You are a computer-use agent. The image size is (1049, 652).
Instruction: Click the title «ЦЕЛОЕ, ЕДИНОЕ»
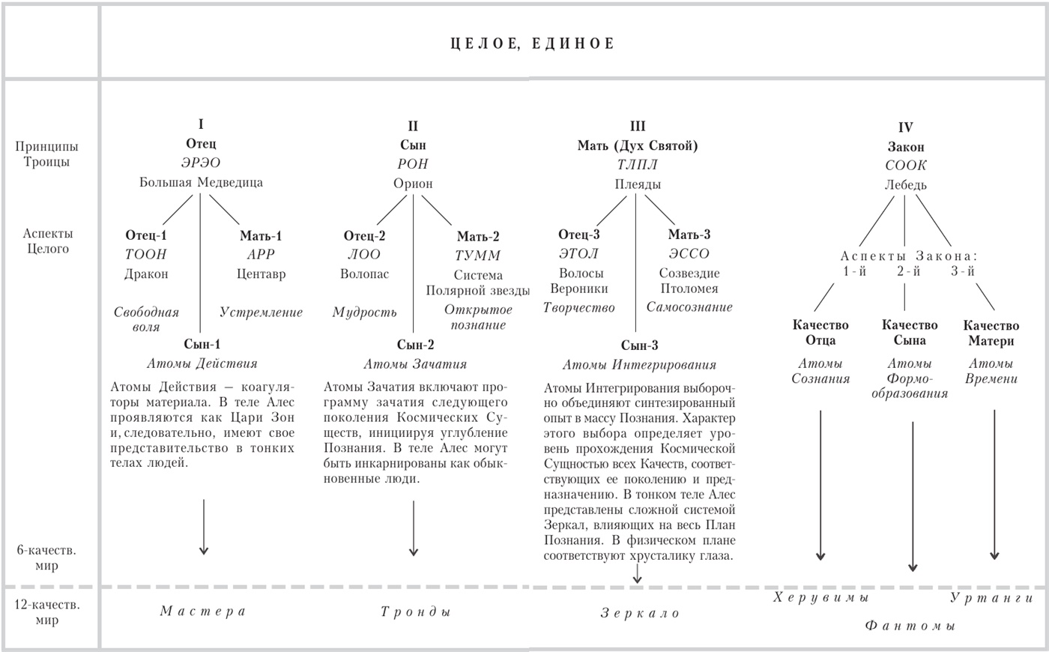point(532,43)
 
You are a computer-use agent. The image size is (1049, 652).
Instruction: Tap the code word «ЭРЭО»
point(200,163)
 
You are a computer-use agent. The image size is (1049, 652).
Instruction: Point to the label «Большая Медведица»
point(201,182)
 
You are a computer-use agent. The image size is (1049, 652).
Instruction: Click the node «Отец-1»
point(146,235)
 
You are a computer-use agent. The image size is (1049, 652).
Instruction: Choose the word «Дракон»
point(146,274)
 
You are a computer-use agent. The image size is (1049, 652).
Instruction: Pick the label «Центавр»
point(261,274)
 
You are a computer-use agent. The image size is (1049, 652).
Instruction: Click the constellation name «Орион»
point(413,184)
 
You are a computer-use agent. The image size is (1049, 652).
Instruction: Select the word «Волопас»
point(364,274)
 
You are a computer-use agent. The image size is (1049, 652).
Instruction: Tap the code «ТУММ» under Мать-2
point(478,255)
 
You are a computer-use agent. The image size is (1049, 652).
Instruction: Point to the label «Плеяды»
point(638,184)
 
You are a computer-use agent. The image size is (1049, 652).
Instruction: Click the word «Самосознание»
point(689,307)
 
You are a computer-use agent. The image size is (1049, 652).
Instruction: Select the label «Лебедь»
point(905,184)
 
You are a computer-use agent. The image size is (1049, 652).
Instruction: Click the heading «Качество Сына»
point(910,333)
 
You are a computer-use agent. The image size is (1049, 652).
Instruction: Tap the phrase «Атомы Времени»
point(991,371)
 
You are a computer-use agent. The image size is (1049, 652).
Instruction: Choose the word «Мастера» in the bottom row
point(203,611)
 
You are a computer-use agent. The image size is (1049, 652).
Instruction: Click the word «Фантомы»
point(910,625)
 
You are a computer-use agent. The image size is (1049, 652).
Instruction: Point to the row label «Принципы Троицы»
point(46,154)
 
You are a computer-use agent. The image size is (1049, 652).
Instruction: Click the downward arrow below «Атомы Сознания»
point(820,487)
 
